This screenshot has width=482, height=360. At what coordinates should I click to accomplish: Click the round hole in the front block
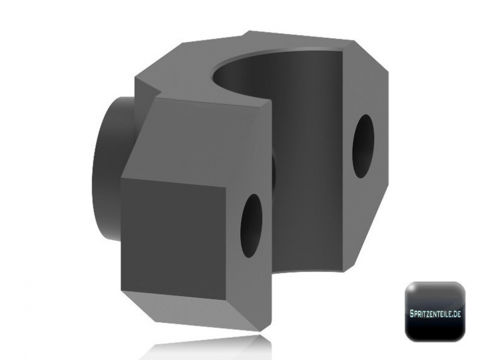pos(251,225)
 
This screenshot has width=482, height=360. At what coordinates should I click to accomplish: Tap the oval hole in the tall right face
pos(363,146)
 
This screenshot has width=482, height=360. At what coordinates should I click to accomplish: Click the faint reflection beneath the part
pos(199,349)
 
